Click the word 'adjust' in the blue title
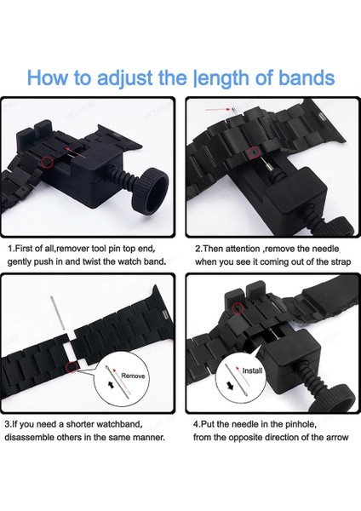(x=125, y=78)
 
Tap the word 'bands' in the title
(x=307, y=78)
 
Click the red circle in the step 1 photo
(x=48, y=161)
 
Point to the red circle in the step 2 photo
(x=254, y=151)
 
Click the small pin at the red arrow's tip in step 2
(x=233, y=109)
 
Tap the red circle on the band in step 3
(x=71, y=367)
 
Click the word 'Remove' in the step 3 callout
(x=133, y=376)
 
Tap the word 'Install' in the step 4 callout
(x=252, y=370)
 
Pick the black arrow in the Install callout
(x=230, y=387)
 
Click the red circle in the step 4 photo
(x=238, y=307)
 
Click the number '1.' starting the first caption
(x=11, y=249)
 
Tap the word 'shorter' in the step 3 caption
(x=79, y=424)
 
